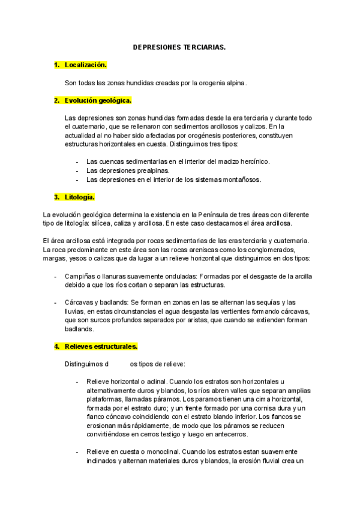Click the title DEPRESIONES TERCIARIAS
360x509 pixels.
pos(179,46)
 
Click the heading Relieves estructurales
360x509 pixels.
pos(101,346)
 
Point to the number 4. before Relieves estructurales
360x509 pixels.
pos(57,346)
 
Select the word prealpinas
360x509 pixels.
pos(152,170)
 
